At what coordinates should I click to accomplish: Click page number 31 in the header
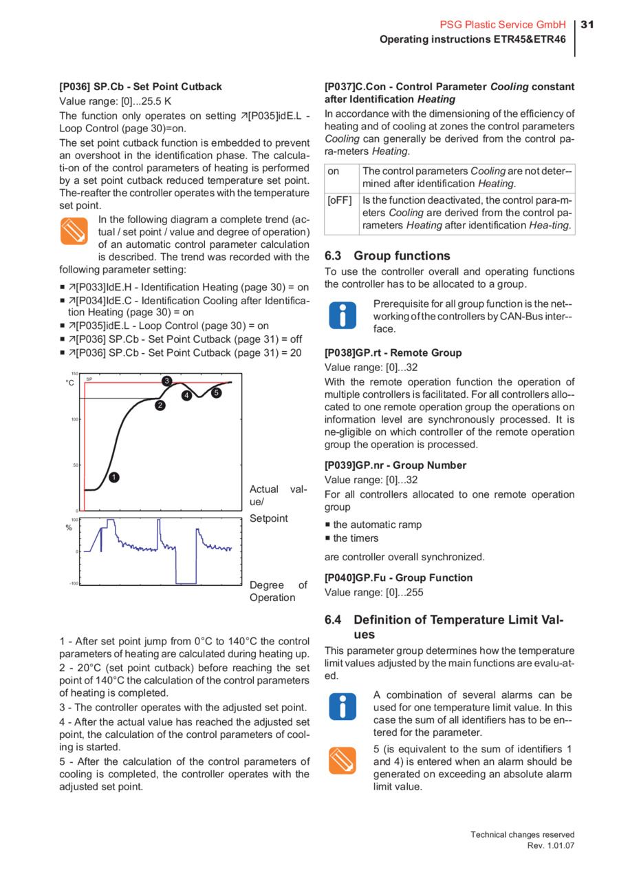click(587, 25)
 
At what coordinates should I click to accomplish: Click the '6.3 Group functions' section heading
click(387, 255)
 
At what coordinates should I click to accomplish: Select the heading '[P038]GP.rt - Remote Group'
click(393, 352)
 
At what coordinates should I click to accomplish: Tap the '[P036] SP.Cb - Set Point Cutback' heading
click(141, 87)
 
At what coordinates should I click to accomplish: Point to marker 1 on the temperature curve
click(114, 476)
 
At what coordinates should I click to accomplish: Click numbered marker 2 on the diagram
click(160, 405)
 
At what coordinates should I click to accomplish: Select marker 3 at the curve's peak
click(166, 381)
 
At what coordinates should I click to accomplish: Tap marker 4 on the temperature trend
click(186, 395)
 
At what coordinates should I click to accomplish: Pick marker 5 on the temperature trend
click(216, 392)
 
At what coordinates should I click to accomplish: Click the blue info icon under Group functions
click(344, 315)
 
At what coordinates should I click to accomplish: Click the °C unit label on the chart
click(69, 383)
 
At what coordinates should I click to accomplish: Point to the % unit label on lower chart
click(69, 527)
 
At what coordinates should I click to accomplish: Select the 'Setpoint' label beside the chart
click(269, 518)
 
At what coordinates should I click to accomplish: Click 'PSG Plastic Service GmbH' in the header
click(503, 25)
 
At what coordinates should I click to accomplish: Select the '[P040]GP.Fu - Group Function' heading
click(398, 578)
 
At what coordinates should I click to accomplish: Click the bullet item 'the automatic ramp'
click(377, 525)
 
